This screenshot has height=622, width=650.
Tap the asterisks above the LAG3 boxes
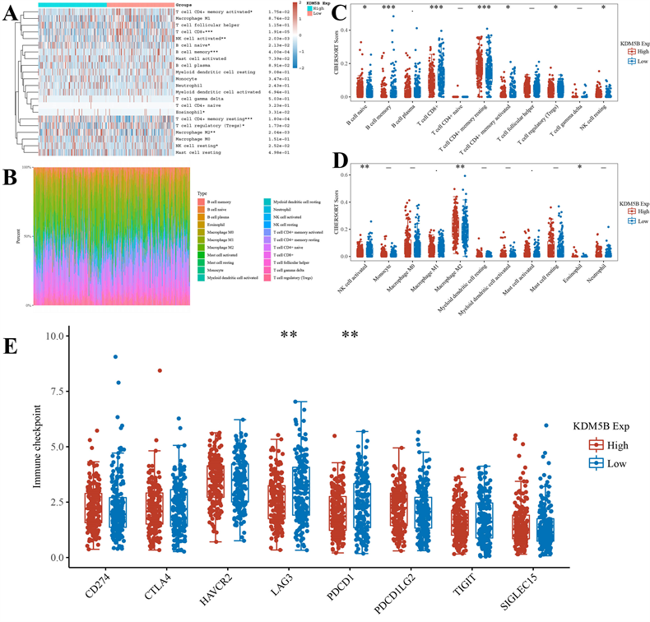tap(289, 336)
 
